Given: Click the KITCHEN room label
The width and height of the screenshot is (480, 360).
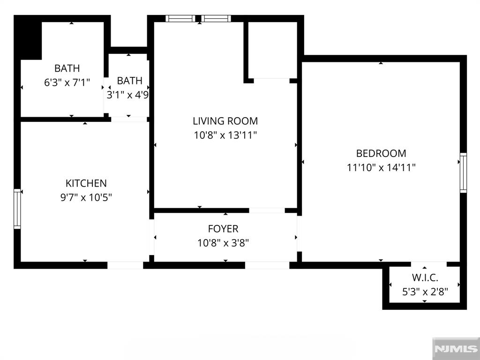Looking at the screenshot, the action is [86, 183].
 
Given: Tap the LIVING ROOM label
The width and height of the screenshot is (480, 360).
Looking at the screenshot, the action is [225, 121].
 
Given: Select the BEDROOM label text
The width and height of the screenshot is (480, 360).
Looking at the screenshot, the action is [381, 153].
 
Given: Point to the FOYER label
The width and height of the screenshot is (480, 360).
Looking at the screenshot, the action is [223, 229].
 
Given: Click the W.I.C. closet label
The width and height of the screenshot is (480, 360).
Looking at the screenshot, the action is [425, 277].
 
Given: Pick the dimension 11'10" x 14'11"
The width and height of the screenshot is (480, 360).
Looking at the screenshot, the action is [381, 167].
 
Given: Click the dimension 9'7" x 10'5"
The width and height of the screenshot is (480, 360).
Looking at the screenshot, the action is [86, 197].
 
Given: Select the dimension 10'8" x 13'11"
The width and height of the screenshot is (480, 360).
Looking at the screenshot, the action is [225, 135].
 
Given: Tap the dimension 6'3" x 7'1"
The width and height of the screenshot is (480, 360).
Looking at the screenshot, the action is [67, 82].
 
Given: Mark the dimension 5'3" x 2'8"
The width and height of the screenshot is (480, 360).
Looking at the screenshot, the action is [425, 292].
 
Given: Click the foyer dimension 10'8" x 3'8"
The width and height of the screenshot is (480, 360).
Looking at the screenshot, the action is [223, 243].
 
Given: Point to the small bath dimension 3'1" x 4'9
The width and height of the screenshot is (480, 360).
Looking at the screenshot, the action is [127, 95].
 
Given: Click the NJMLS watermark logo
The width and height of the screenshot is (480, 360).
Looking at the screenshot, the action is [456, 349].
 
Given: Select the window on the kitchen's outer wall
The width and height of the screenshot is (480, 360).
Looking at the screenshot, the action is [17, 209].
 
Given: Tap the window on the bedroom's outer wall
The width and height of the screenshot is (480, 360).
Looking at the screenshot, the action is [464, 173].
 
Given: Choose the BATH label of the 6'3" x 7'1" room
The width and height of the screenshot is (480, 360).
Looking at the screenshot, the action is [67, 68].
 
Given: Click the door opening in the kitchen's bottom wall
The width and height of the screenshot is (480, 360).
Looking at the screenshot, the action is [125, 265].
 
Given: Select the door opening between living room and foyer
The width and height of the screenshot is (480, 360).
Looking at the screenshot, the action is [267, 210].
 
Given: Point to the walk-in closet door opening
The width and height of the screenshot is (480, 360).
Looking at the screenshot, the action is [429, 264].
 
